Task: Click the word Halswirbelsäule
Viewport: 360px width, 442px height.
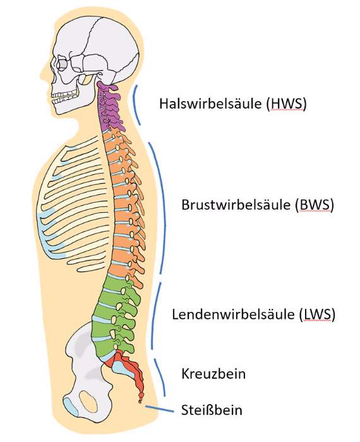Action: tap(210, 104)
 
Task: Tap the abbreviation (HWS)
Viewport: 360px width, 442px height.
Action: tap(286, 104)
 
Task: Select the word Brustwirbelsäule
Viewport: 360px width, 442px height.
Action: tap(236, 205)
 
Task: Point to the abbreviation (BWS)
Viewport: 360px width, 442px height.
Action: tap(314, 205)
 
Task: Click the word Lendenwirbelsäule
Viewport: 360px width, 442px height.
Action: tap(233, 314)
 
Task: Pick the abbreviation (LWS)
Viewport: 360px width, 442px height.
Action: tap(317, 314)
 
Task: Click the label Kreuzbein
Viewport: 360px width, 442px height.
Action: tap(213, 374)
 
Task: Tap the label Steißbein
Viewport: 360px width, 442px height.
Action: tap(212, 410)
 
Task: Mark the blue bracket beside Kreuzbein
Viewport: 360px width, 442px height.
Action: tap(162, 376)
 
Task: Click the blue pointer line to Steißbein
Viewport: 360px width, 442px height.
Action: tap(160, 409)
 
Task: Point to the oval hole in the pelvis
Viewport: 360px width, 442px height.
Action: tap(88, 401)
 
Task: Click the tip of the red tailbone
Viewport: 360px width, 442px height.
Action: tap(140, 402)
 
